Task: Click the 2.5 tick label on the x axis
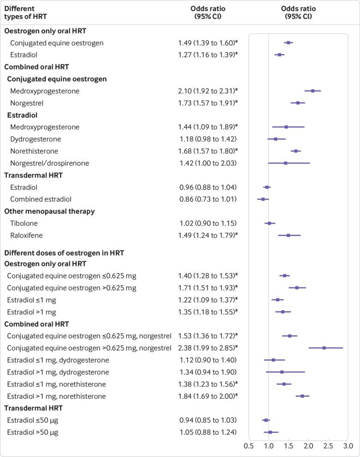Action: point(328,446)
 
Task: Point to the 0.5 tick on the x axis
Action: point(249,446)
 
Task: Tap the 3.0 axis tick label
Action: point(348,446)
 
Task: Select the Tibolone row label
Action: point(24,223)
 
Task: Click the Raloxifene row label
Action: point(27,235)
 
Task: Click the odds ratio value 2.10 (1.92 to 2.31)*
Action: point(208,91)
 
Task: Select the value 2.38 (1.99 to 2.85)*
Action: point(208,348)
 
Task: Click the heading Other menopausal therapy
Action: point(49,211)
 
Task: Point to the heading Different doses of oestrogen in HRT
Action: point(64,253)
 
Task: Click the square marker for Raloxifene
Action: point(288,235)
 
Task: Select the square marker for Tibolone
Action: point(270,223)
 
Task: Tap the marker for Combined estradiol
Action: point(263,199)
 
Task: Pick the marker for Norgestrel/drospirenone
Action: point(286,163)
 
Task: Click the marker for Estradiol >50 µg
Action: point(270,432)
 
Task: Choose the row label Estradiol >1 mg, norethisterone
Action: point(56,396)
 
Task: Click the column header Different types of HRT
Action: point(26,12)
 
